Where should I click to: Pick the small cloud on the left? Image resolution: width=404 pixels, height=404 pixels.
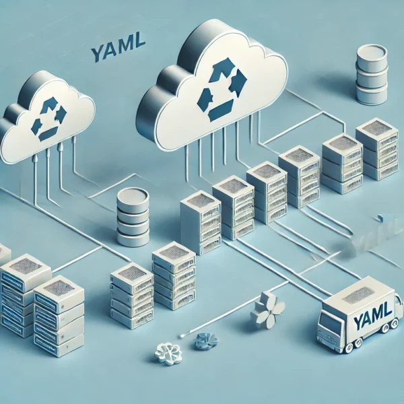44,125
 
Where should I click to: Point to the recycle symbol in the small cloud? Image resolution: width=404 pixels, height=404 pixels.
48,119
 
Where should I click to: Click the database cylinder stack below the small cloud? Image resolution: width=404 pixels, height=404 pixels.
133,217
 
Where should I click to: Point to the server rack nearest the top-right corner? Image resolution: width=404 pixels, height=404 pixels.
377,148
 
